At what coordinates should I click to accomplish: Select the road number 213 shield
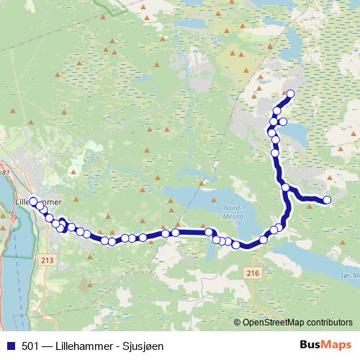click(48, 260)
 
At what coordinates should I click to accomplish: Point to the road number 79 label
click(12, 216)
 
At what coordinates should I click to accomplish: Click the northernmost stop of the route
click(291, 94)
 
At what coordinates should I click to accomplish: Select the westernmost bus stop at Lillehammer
click(33, 202)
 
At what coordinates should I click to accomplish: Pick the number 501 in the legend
click(31, 345)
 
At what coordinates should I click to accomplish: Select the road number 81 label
click(6, 173)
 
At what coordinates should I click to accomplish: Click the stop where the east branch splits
click(286, 188)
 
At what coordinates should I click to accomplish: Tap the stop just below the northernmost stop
click(276, 111)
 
